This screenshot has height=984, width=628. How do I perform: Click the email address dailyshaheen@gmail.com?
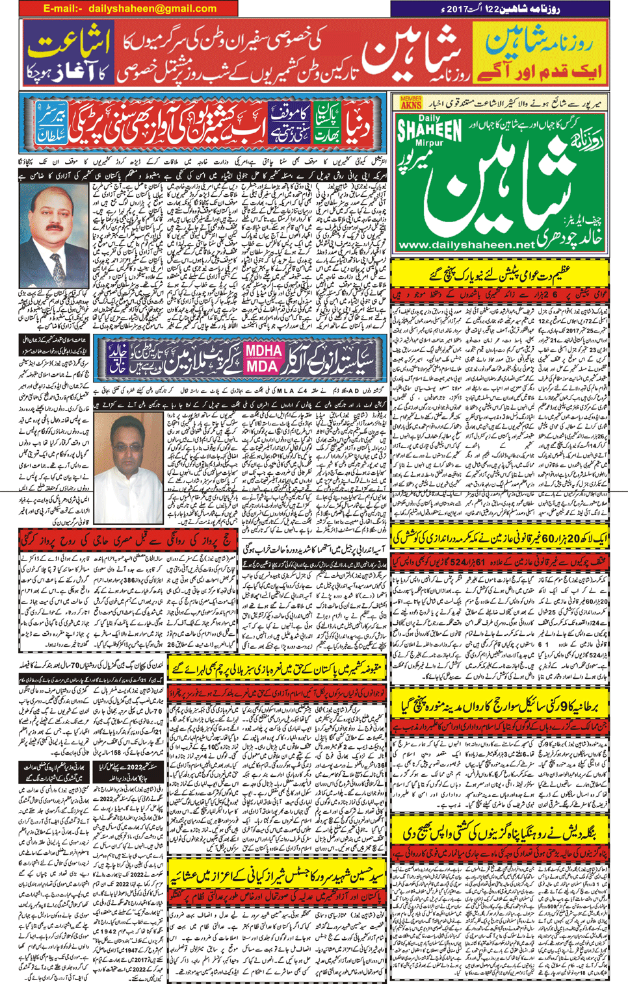pos(152,8)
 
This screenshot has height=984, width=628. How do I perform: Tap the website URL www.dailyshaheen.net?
pos(466,245)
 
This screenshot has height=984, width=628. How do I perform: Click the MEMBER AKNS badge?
pos(411,102)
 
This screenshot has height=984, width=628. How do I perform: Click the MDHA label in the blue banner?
pos(263,351)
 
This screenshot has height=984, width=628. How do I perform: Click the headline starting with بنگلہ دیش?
pos(501,832)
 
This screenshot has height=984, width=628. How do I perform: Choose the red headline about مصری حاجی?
pos(127,538)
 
